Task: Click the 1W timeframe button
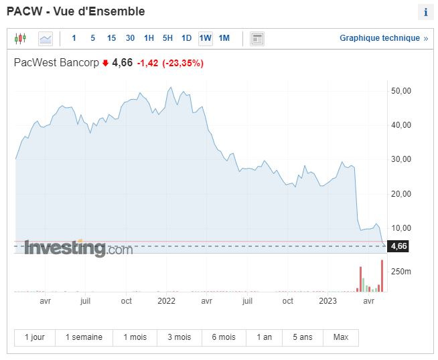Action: click(205, 38)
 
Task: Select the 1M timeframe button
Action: click(224, 38)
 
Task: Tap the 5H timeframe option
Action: click(167, 38)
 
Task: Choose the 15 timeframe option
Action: click(111, 38)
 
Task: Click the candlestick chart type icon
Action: click(21, 38)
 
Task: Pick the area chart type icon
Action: click(46, 38)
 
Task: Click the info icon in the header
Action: click(425, 13)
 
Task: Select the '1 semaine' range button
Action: click(84, 337)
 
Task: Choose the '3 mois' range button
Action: click(179, 337)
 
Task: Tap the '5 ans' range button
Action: click(303, 337)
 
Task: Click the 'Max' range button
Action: click(340, 337)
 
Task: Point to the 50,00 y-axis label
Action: click(400, 90)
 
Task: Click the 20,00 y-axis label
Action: click(400, 194)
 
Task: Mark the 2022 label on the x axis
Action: click(167, 301)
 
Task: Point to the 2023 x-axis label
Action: click(327, 301)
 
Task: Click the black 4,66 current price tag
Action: click(398, 246)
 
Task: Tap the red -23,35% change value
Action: click(183, 63)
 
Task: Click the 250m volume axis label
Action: click(401, 271)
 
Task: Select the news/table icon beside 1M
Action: click(257, 38)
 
